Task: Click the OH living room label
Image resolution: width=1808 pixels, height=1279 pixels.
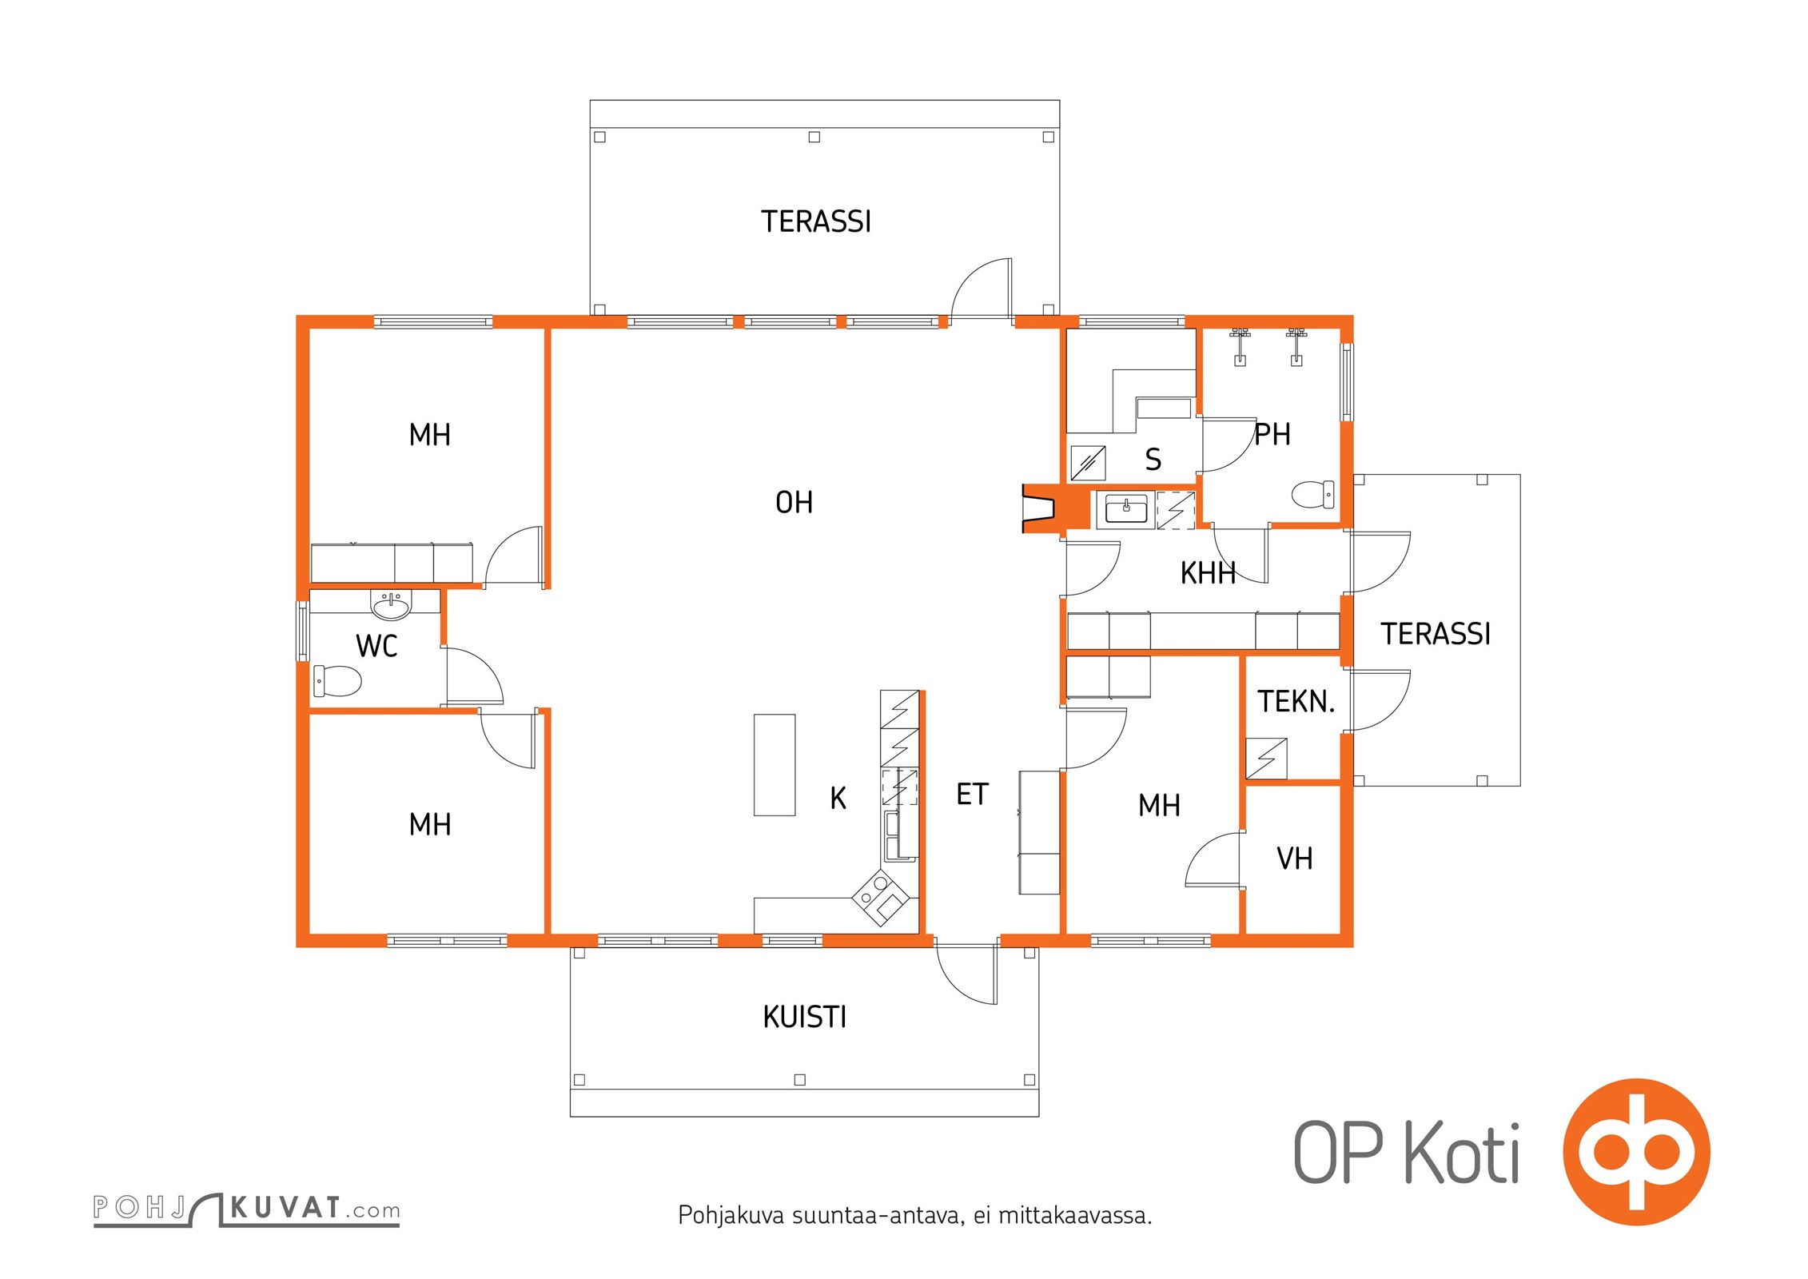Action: [794, 502]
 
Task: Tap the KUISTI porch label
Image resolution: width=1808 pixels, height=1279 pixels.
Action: [804, 1017]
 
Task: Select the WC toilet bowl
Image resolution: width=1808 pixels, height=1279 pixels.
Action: [337, 680]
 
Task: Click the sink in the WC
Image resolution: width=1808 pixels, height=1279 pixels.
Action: [391, 605]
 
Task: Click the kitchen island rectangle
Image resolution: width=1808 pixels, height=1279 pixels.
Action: [775, 765]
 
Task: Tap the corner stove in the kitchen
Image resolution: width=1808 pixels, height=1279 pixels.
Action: [881, 897]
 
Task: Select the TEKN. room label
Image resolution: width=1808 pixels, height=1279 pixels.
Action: [1296, 702]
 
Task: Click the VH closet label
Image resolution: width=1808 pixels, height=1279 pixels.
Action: [1294, 859]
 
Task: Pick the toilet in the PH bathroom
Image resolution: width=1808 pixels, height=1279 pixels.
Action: [1312, 494]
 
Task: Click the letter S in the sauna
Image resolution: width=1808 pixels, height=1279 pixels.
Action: [1153, 460]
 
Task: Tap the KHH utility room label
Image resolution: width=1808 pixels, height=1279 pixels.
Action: [1208, 573]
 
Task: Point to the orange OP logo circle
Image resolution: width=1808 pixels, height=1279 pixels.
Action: [1636, 1152]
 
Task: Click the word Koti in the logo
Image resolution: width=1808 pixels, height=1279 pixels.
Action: [1462, 1152]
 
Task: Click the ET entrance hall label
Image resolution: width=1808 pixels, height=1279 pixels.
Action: [972, 794]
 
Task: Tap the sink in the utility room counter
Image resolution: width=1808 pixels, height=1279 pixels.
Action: [1125, 508]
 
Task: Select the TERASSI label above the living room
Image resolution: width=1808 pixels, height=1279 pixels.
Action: [815, 221]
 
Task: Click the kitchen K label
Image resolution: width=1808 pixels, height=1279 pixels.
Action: [838, 798]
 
